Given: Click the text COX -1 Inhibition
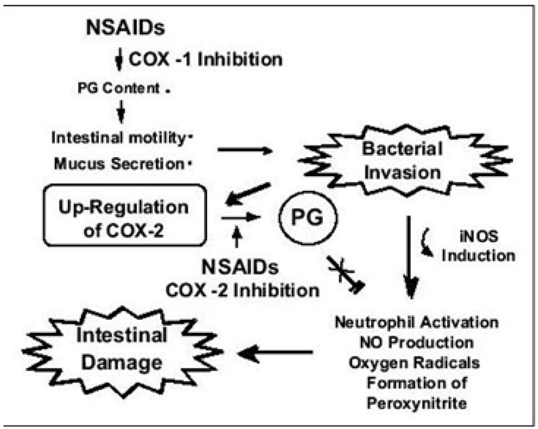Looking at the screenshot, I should pos(205,59).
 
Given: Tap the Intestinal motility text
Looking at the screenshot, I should pos(118,138).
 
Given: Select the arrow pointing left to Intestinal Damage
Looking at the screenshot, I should pos(276,354).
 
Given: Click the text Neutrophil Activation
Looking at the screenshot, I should pos(417,321).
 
